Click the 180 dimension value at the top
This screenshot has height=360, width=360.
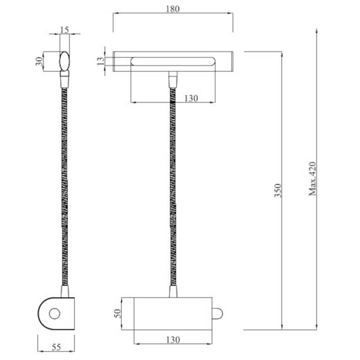(173, 10)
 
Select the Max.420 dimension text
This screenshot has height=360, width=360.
(313, 179)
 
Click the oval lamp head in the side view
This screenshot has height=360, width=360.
(64, 61)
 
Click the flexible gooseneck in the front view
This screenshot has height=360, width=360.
(173, 186)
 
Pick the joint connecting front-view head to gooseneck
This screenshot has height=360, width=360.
(173, 79)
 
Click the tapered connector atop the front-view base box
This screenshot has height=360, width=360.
(173, 292)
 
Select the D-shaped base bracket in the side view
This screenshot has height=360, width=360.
(55, 313)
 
